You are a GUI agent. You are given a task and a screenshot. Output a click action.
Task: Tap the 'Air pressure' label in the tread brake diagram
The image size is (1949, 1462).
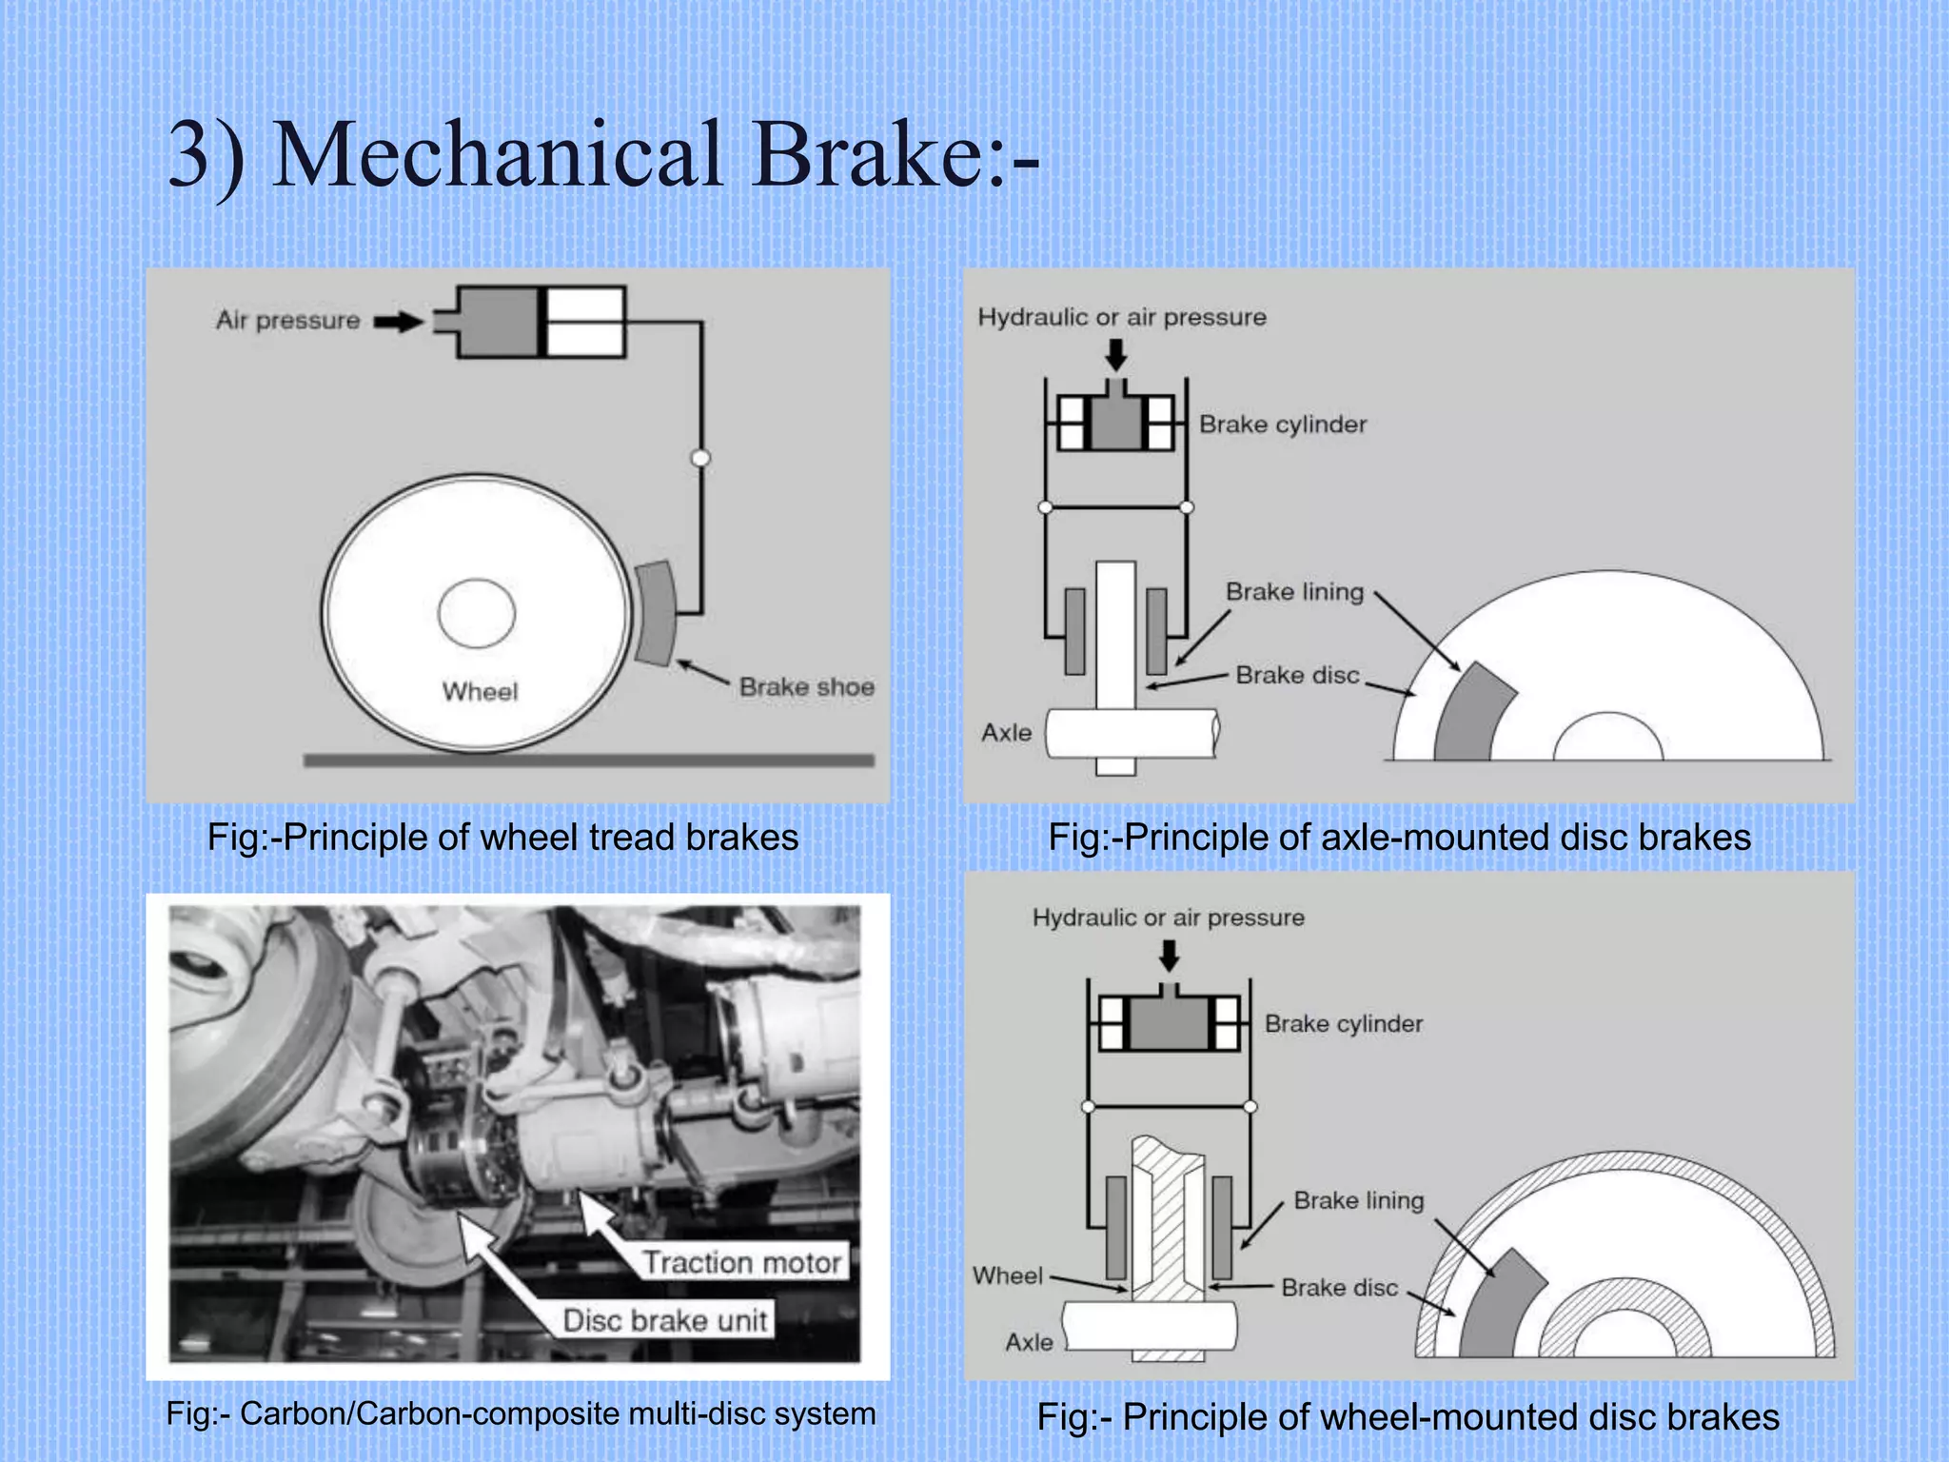point(287,320)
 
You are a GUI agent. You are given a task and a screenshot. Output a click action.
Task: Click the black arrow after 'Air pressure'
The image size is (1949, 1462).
point(398,323)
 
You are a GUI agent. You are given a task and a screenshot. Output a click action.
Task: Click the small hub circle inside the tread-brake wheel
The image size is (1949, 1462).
point(476,614)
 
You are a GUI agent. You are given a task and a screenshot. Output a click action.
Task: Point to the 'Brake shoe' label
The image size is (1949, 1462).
point(806,686)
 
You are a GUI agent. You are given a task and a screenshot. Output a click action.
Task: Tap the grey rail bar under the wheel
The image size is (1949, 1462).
point(588,760)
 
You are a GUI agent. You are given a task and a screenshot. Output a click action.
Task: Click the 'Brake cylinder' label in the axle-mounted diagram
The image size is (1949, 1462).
point(1282,425)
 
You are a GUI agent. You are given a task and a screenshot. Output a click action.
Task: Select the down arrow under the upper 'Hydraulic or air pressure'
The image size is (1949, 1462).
point(1115,355)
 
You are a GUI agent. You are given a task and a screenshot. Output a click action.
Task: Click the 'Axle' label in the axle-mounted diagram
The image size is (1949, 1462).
point(1006,733)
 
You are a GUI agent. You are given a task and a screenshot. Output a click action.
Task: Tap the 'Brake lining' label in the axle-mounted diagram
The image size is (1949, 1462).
point(1294,592)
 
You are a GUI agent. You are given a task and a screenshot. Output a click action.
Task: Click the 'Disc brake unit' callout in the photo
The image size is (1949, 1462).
point(664,1320)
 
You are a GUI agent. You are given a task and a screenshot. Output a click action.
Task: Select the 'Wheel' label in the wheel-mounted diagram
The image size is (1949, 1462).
point(1008,1275)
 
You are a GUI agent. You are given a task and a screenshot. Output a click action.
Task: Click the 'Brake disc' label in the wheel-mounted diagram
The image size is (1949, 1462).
point(1339,1288)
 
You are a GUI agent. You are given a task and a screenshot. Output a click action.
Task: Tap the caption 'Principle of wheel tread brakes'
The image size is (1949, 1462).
point(502,838)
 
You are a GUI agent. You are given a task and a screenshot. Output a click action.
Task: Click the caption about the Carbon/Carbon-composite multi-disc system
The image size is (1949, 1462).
point(521,1413)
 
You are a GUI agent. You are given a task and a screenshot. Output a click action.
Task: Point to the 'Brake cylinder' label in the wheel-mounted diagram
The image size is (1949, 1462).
point(1343,1024)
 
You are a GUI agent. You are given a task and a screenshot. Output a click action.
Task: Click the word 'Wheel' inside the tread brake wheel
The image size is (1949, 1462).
point(480,691)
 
